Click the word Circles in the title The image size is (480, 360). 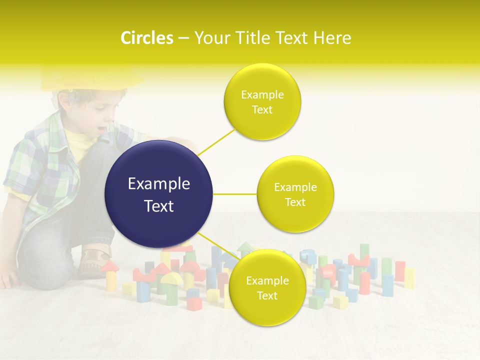[147, 38]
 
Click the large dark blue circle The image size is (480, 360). [158, 194]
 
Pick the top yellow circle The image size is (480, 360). [262, 101]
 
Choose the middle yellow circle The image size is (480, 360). [295, 194]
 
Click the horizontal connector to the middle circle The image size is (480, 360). [234, 194]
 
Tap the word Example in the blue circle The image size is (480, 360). [158, 184]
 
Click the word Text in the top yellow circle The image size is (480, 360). [262, 110]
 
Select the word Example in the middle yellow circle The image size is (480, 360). [295, 187]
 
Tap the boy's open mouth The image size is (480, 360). [101, 130]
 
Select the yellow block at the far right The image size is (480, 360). [409, 278]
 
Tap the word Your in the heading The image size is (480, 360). [210, 38]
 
